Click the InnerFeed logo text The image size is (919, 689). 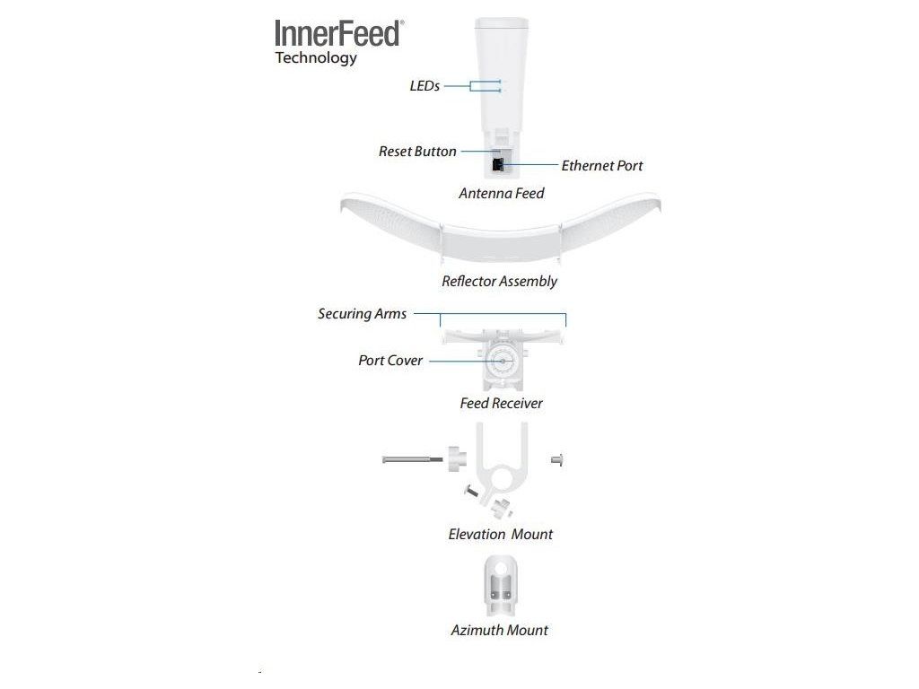(x=337, y=33)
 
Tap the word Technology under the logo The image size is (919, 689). (x=316, y=58)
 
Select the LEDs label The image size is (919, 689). (x=424, y=86)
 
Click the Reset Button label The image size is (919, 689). (x=417, y=152)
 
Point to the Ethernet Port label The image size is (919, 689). (x=602, y=166)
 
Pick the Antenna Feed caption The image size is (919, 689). (x=501, y=193)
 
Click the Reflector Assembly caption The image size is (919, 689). (x=499, y=282)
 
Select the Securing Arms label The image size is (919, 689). (x=362, y=314)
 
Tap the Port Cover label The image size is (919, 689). (x=390, y=361)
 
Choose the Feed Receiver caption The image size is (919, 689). (x=501, y=404)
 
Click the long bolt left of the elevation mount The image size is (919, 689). (x=412, y=459)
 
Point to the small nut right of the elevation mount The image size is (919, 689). (x=556, y=459)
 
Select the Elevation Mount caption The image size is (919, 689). (x=501, y=535)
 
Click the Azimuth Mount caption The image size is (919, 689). (x=499, y=631)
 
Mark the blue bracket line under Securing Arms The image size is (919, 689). (x=503, y=314)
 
